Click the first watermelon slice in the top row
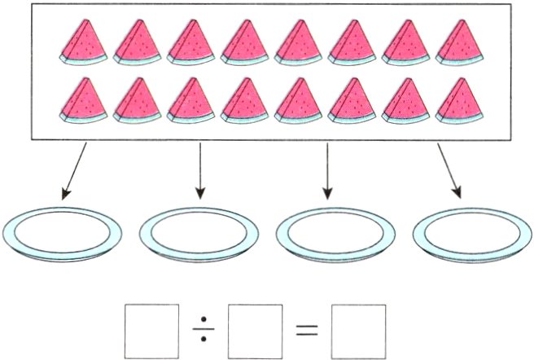(x=83, y=42)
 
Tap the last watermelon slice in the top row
(x=458, y=42)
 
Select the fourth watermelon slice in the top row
(x=244, y=42)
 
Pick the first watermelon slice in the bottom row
(x=83, y=100)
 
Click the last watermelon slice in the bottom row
(x=458, y=100)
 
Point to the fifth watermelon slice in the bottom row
(x=298, y=100)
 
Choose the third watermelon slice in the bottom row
(x=190, y=100)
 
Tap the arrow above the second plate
(x=199, y=172)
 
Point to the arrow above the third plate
(x=327, y=172)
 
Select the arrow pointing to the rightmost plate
(x=449, y=172)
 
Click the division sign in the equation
(x=204, y=331)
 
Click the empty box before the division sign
(x=151, y=330)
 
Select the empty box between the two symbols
(x=255, y=330)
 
